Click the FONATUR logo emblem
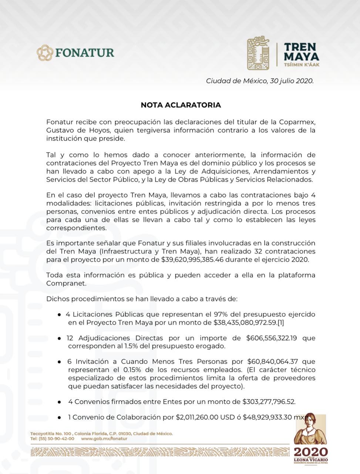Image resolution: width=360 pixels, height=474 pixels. click(x=45, y=53)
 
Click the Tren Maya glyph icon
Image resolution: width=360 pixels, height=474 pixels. click(x=258, y=53)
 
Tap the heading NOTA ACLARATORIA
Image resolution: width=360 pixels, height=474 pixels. click(x=181, y=105)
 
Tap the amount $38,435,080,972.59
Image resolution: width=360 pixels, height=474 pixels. click(x=245, y=323)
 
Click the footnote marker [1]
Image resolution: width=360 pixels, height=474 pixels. click(x=281, y=323)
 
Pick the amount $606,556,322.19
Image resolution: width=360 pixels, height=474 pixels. click(x=271, y=338)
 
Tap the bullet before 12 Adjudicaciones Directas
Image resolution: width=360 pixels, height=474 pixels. click(x=59, y=338)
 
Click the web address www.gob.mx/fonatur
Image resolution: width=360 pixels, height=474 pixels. click(x=104, y=439)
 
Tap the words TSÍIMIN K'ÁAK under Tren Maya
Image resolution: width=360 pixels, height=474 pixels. click(x=301, y=64)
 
